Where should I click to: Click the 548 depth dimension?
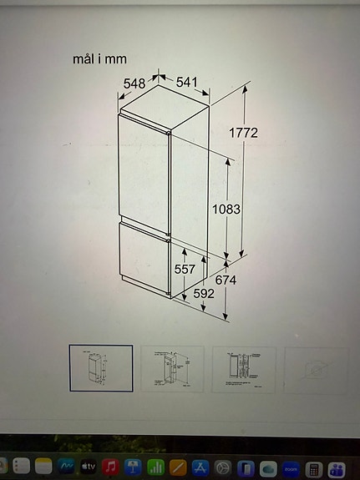[x=134, y=83]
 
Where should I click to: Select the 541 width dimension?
[x=187, y=82]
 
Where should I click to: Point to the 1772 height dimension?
[x=243, y=133]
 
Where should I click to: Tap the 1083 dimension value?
[x=226, y=209]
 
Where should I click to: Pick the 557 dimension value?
[x=185, y=269]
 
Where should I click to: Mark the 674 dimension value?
[x=226, y=280]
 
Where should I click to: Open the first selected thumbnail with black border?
[x=100, y=368]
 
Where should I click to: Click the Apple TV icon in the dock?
[x=88, y=466]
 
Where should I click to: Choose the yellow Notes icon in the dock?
[x=43, y=466]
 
